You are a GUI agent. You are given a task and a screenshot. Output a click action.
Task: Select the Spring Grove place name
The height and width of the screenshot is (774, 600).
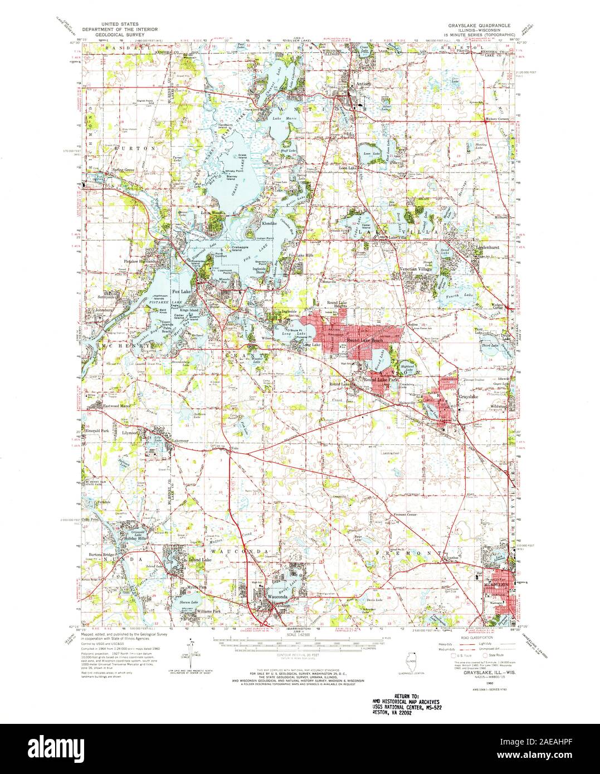point(124,169)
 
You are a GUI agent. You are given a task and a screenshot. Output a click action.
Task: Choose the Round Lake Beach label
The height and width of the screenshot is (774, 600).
point(364,340)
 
